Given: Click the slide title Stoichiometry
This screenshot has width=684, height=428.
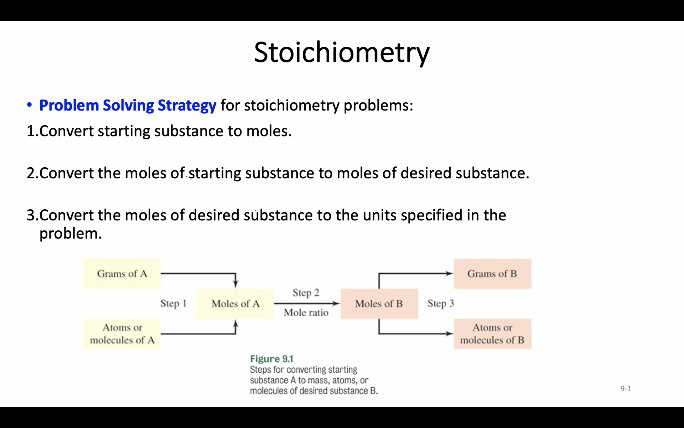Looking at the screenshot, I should [341, 53].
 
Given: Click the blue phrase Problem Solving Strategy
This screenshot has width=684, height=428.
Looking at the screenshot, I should [128, 106].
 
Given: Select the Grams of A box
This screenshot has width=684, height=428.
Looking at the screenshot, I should [122, 274].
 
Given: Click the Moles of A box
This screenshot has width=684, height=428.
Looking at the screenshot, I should [235, 304].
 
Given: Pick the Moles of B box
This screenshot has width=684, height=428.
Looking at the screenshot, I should [379, 304].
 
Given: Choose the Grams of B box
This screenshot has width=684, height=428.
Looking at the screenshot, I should [492, 274].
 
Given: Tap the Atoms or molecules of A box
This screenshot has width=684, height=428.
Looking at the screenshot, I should [122, 334].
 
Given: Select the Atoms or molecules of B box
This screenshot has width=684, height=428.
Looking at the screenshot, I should [492, 334].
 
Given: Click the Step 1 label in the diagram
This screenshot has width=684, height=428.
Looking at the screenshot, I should [173, 303].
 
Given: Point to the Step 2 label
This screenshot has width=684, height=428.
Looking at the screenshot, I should [306, 292].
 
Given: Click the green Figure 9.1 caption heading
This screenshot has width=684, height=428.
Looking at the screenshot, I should [272, 359].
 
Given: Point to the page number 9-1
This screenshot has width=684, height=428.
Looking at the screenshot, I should [625, 389].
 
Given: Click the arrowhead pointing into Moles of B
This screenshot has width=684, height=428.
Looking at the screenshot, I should [336, 303].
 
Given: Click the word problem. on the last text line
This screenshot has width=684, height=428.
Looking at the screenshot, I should [70, 234].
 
